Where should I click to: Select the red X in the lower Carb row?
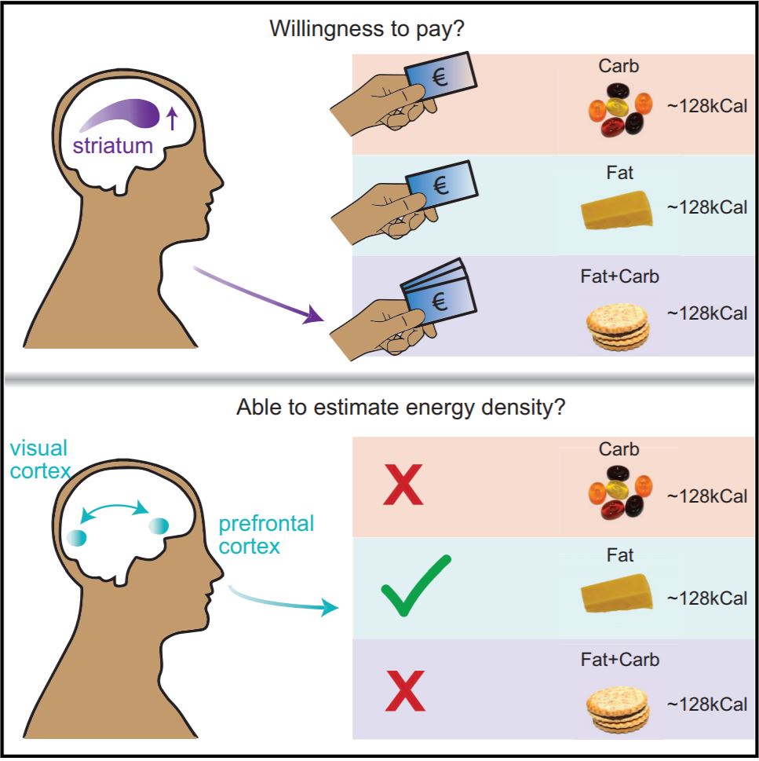point(403,485)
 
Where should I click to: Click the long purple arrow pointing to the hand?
point(259,295)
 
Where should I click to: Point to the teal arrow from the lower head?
point(283,601)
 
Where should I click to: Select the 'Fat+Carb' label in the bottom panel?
point(620,659)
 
